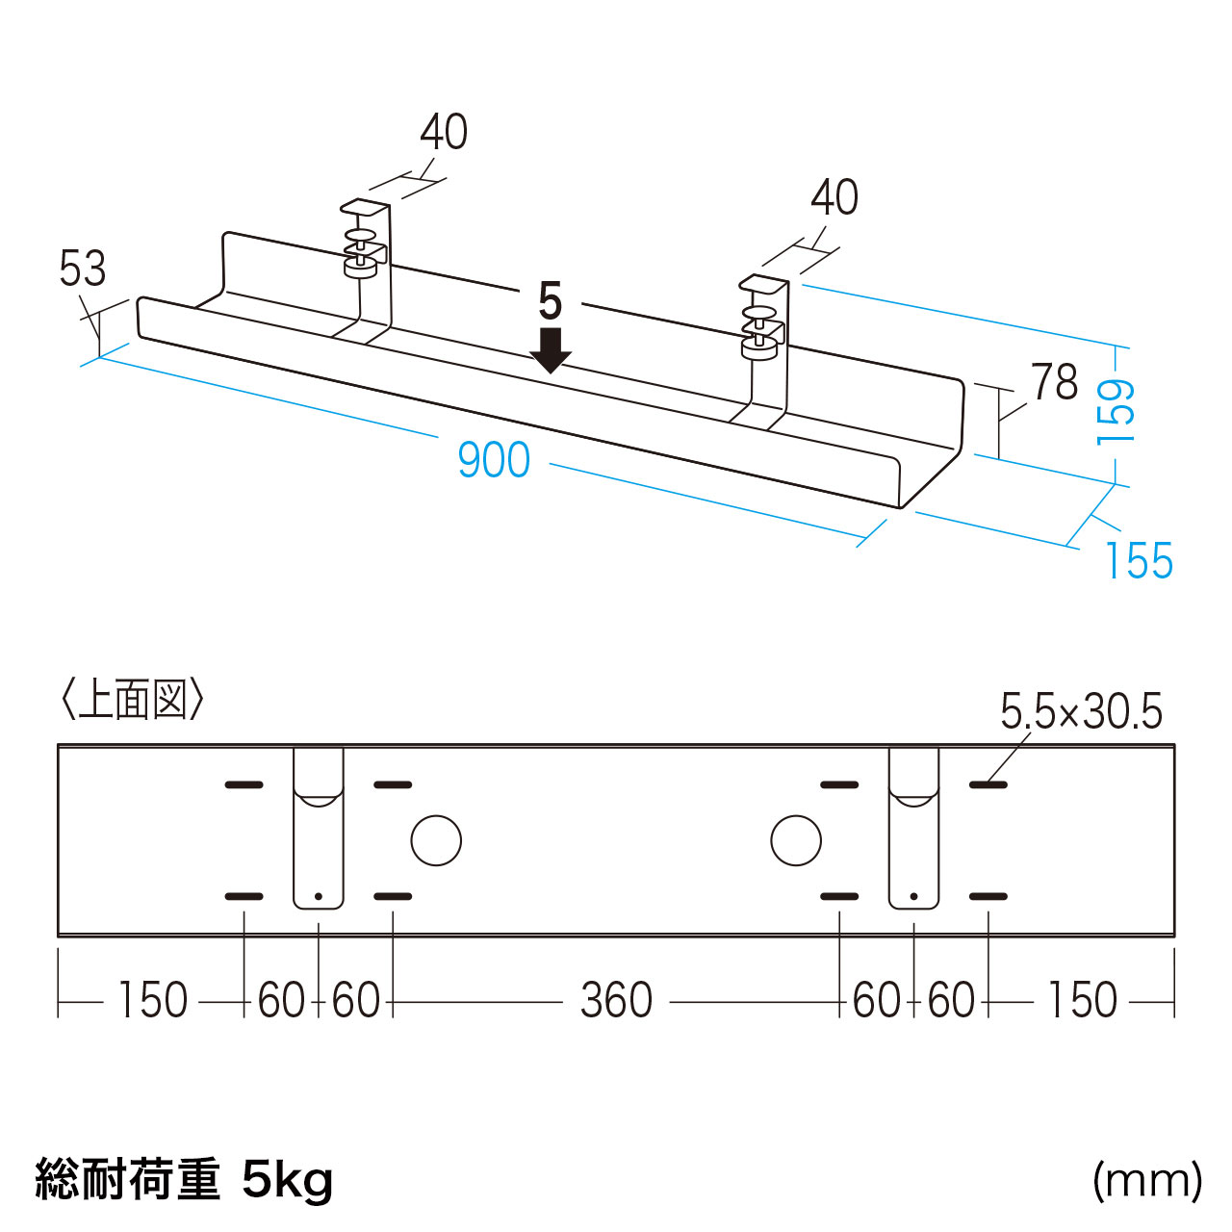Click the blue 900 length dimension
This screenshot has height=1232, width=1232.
493,460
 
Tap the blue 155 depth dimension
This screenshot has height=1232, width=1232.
1139,561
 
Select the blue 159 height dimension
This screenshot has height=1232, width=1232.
1116,411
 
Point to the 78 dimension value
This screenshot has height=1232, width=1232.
1055,382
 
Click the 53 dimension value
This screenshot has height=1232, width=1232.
82,269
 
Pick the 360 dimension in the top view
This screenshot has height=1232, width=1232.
616,1000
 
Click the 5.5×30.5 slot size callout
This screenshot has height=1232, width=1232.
1081,712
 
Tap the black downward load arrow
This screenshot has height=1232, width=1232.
551,350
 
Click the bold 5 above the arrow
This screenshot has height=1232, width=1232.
550,302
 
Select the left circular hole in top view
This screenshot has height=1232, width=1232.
436,840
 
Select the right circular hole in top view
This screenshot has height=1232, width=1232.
796,840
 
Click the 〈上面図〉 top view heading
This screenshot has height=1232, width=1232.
132,700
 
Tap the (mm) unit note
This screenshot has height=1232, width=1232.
1147,1179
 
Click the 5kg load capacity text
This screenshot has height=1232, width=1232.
287,1179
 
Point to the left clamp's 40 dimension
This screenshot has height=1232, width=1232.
444,132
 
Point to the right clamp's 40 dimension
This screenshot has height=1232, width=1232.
834,197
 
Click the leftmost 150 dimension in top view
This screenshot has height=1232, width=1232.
152,1000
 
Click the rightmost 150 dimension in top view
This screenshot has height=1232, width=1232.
1082,1000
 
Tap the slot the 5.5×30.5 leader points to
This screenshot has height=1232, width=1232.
988,785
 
